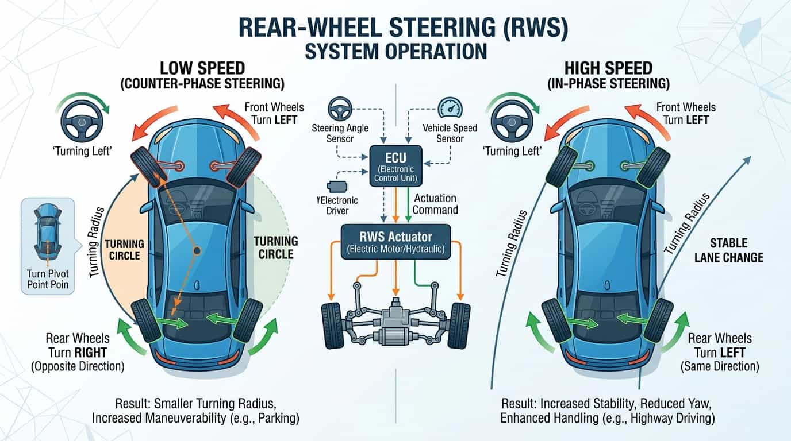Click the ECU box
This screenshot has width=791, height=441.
click(395, 166)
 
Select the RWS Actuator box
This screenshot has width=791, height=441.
click(396, 242)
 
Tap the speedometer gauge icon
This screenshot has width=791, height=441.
click(450, 107)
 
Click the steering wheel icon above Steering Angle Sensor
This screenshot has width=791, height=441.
click(340, 109)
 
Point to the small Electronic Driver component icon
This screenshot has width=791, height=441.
click(337, 187)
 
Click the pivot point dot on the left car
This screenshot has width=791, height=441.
click(197, 251)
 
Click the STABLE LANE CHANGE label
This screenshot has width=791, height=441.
click(729, 250)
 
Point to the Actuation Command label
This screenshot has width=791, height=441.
click(435, 204)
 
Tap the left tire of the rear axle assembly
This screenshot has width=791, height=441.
click(333, 326)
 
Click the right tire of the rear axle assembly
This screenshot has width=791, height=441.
click(459, 326)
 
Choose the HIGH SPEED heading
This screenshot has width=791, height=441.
click(608, 68)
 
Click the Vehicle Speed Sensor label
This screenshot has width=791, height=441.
click(450, 133)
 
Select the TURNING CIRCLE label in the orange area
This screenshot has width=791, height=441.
click(124, 250)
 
